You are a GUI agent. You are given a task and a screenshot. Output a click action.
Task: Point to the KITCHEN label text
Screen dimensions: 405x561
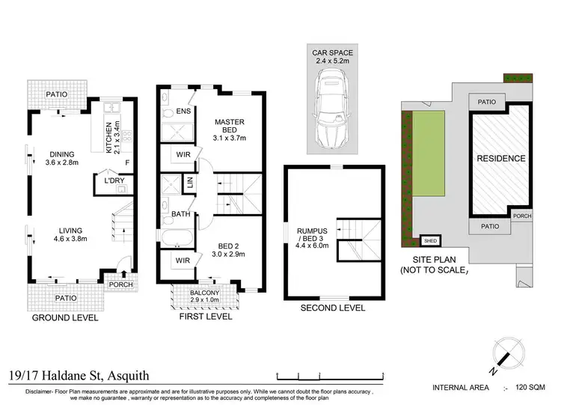[x=108, y=137]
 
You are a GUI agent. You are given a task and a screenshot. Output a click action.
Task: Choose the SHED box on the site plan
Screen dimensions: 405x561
[x=430, y=240]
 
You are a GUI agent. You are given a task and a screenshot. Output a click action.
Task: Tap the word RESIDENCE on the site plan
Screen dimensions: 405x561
[x=501, y=159]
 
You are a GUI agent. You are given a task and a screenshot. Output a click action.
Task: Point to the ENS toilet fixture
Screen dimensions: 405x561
[x=168, y=114]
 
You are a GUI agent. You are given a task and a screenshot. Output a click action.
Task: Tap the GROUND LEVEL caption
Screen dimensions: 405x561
[x=65, y=317]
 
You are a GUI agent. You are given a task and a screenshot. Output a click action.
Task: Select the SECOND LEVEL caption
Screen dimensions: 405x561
[x=333, y=308]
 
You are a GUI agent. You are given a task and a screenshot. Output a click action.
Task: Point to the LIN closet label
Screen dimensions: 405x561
[x=191, y=182]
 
